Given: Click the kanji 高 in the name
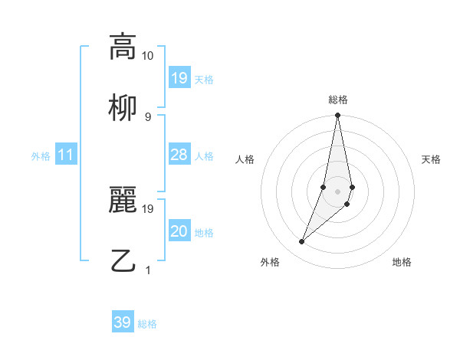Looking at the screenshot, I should [122, 47].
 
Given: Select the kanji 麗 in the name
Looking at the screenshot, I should [122, 200].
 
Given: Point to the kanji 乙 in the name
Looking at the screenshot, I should [122, 260].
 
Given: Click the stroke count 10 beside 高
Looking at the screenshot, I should [148, 56].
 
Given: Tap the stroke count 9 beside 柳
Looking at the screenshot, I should [148, 116].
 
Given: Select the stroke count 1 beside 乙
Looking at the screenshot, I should [148, 270].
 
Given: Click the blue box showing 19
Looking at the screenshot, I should [179, 78].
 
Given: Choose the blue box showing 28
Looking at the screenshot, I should [179, 155].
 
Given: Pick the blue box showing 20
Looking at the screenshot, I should [179, 231].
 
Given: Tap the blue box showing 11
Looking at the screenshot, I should [66, 155].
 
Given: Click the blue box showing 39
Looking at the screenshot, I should [122, 322].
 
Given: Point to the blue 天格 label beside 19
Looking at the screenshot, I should [204, 79].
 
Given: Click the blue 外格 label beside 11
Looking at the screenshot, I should [41, 155].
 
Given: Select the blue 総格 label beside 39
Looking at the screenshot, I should [148, 323].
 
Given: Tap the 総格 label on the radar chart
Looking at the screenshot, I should [338, 100].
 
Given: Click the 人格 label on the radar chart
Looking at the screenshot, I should [245, 159].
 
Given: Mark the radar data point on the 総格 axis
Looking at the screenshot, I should [337, 116].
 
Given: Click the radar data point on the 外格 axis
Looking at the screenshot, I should [301, 242].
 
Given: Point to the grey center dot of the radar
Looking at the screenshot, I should [337, 191].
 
